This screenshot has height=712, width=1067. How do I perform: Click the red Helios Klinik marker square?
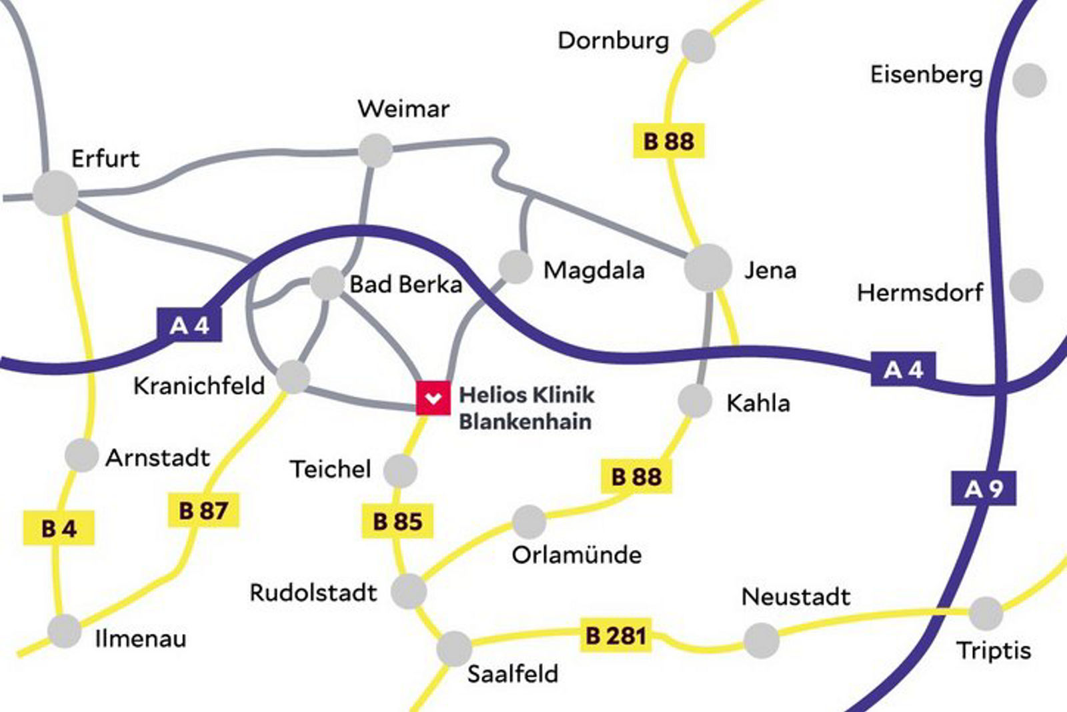click(x=433, y=398)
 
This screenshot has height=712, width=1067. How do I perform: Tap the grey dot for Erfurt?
click(x=55, y=193)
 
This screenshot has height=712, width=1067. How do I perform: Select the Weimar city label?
click(x=403, y=109)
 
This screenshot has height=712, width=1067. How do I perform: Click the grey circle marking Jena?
click(x=708, y=267)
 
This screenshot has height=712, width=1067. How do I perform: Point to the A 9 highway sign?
click(x=983, y=489)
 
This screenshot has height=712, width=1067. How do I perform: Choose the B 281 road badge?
click(x=616, y=635)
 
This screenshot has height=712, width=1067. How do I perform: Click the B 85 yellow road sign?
click(x=397, y=521)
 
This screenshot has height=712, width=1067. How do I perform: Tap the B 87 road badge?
click(x=203, y=511)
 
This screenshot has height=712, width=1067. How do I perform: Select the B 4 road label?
click(x=59, y=528)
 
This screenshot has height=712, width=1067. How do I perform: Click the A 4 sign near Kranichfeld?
click(x=189, y=325)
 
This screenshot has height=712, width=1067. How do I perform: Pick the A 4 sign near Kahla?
click(x=903, y=369)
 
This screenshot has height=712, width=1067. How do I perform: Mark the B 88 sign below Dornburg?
click(x=668, y=141)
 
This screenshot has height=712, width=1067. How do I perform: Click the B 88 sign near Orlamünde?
click(x=636, y=476)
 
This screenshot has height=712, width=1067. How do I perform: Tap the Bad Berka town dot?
click(x=327, y=283)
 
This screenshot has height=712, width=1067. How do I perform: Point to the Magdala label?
click(x=594, y=270)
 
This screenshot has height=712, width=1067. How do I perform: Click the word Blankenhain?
click(x=525, y=421)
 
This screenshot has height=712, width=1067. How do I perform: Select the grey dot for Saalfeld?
click(x=454, y=648)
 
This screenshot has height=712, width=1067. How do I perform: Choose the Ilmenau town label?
click(x=141, y=639)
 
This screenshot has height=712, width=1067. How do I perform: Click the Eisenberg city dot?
click(x=1029, y=80)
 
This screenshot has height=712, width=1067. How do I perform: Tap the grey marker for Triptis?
click(x=985, y=613)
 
